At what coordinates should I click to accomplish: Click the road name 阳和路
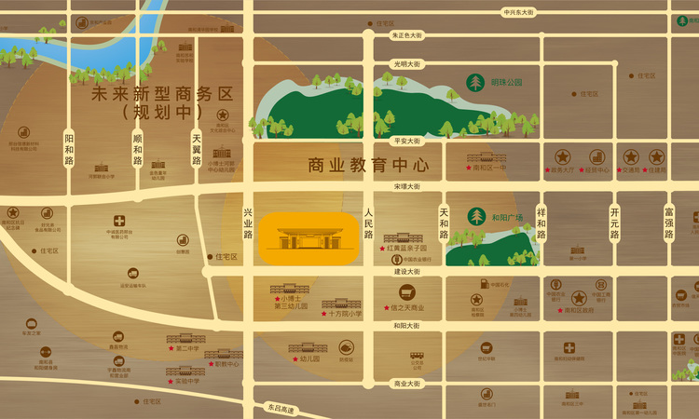click(x=69, y=149)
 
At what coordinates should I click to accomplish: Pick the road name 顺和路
click(x=138, y=149)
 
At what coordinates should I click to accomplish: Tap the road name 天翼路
click(x=197, y=149)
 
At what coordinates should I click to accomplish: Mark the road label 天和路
click(x=444, y=223)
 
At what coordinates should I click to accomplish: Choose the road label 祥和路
click(x=541, y=223)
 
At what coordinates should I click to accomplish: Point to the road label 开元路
click(x=614, y=223)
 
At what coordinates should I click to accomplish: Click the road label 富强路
click(x=668, y=223)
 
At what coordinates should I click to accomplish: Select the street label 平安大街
click(x=408, y=141)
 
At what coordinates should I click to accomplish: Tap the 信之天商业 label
click(x=408, y=308)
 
